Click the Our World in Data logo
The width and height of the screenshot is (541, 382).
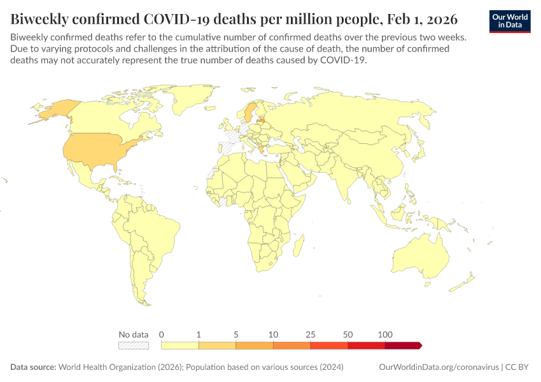(509, 21)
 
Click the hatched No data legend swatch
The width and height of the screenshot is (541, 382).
(134, 345)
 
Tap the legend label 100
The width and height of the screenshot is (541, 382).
(384, 334)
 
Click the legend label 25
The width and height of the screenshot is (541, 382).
(311, 334)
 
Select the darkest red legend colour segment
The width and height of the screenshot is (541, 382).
(402, 345)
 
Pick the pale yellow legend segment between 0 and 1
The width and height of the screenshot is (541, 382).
(180, 345)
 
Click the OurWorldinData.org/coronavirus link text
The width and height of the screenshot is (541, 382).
(438, 367)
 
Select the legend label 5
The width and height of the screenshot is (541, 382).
(236, 334)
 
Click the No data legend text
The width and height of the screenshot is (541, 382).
(134, 334)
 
